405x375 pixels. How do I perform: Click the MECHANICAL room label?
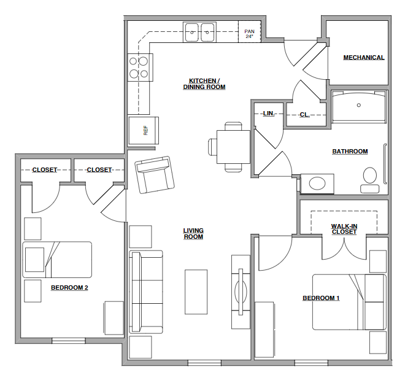(364, 58)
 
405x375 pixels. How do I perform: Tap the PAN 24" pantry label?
(249, 34)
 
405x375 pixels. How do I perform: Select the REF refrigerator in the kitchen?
(144, 131)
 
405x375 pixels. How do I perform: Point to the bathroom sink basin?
(317, 184)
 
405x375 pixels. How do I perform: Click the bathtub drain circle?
(358, 105)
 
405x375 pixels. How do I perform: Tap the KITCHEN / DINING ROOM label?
(204, 84)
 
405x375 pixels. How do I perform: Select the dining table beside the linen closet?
(233, 147)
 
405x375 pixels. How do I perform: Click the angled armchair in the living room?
(155, 174)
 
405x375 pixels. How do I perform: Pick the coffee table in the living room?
(196, 292)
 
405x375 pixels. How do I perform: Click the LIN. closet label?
(269, 114)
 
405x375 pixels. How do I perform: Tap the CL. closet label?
(305, 115)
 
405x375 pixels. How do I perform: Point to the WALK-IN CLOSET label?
(344, 229)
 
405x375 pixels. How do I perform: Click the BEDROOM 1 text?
(321, 298)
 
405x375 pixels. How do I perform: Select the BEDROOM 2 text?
(69, 287)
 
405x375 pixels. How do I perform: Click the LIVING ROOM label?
(193, 233)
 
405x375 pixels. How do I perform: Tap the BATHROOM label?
(350, 152)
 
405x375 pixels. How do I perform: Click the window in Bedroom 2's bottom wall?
(69, 341)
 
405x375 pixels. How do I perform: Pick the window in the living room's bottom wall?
(204, 363)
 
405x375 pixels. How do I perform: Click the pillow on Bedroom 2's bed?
(34, 260)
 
